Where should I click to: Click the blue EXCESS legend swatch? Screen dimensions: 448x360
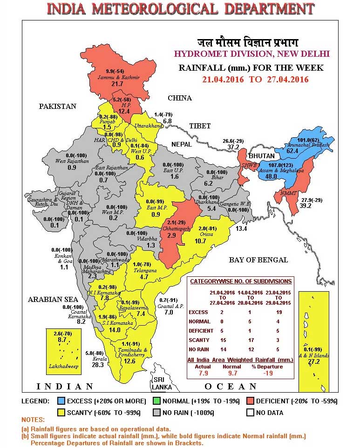[x=61, y=401]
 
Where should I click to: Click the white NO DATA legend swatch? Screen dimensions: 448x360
[x=250, y=413]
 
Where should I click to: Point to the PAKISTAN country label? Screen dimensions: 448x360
[x=57, y=107]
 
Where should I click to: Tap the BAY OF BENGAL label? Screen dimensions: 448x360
[x=258, y=260]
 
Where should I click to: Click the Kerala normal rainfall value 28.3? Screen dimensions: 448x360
[x=98, y=365]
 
